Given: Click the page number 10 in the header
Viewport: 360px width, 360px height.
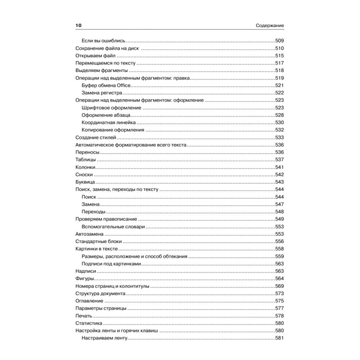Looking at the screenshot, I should [x=78, y=26].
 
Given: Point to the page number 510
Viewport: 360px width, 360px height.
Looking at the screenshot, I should [x=279, y=48].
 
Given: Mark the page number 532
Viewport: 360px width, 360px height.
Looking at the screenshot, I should [x=279, y=130].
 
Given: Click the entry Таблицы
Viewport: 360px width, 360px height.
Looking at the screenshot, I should [x=85, y=160].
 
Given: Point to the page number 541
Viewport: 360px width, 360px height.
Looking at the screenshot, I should [x=279, y=167].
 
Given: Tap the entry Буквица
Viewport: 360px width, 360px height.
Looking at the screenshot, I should [x=85, y=182].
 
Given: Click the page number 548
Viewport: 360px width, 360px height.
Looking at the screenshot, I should [x=279, y=212].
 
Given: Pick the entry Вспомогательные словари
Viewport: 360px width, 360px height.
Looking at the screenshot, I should [x=113, y=226].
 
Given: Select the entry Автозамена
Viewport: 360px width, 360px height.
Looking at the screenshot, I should [x=89, y=234].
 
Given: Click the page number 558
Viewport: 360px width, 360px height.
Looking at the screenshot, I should [x=279, y=249].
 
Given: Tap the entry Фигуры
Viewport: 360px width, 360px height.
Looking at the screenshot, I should [x=85, y=279].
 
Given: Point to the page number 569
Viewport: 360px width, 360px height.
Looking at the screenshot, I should [x=279, y=286].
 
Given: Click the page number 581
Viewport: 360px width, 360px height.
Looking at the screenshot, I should [x=279, y=338].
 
